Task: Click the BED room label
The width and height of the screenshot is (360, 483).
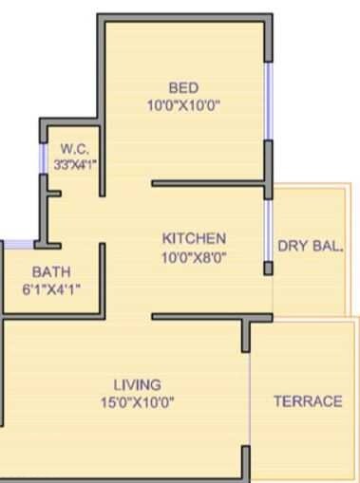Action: (182, 88)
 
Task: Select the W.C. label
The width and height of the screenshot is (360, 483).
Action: (75, 149)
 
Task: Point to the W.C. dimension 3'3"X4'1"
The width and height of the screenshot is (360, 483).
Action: (75, 164)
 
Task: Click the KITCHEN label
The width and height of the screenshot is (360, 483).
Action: (194, 238)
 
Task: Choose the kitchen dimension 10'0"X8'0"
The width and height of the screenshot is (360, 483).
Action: (194, 255)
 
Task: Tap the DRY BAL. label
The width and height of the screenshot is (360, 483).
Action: (311, 247)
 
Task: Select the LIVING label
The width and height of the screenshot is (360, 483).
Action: (137, 384)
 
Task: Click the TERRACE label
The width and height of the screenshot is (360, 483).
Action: (307, 401)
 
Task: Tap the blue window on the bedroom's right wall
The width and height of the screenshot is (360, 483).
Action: (269, 100)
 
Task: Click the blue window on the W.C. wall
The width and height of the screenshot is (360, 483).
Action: (43, 158)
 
